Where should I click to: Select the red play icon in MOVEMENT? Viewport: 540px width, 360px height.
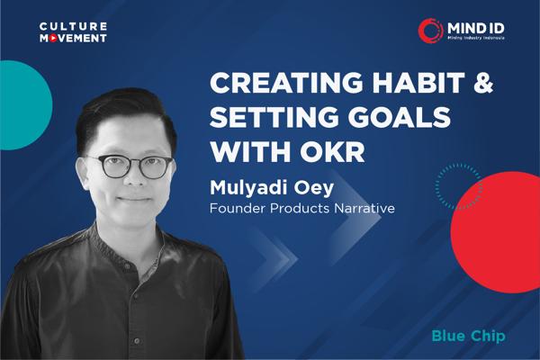click(56, 39)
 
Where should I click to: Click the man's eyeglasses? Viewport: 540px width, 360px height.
click(135, 166)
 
